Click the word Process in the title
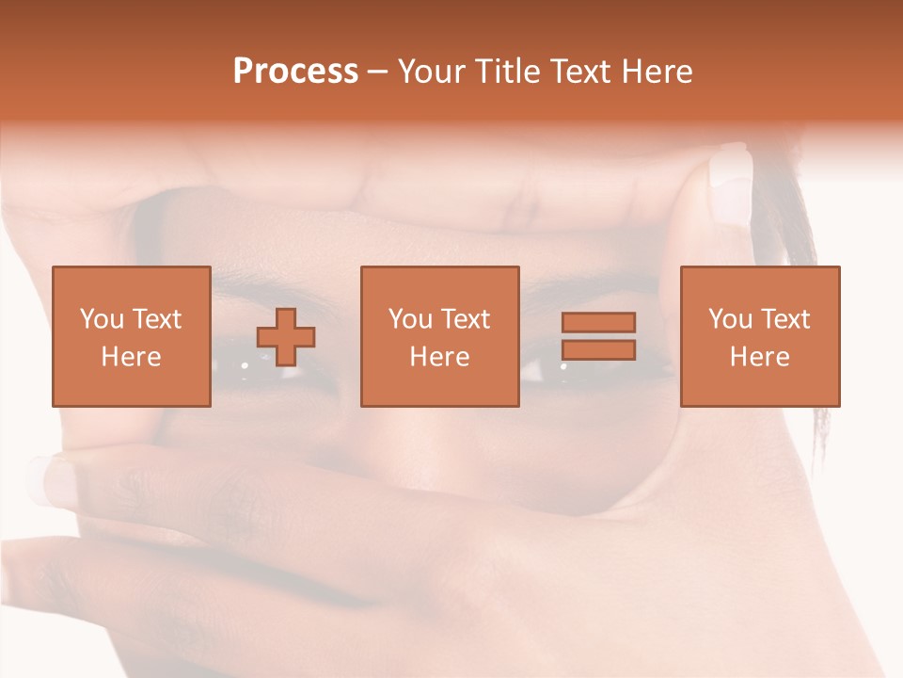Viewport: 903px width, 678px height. point(295,72)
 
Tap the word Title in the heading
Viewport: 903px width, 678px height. point(506,72)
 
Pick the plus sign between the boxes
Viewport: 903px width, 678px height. point(286,337)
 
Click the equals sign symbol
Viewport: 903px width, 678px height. point(598,336)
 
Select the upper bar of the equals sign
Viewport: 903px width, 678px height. point(598,322)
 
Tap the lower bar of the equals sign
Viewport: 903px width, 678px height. point(598,349)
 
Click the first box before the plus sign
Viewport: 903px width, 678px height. point(131,336)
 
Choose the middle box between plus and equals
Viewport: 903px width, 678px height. point(439,336)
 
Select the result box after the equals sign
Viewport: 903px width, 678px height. point(759,336)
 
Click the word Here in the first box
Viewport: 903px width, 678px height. point(131,357)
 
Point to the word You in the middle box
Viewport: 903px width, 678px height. point(410,319)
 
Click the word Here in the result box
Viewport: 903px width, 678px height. point(759,357)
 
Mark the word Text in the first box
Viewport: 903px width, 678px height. point(156,319)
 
